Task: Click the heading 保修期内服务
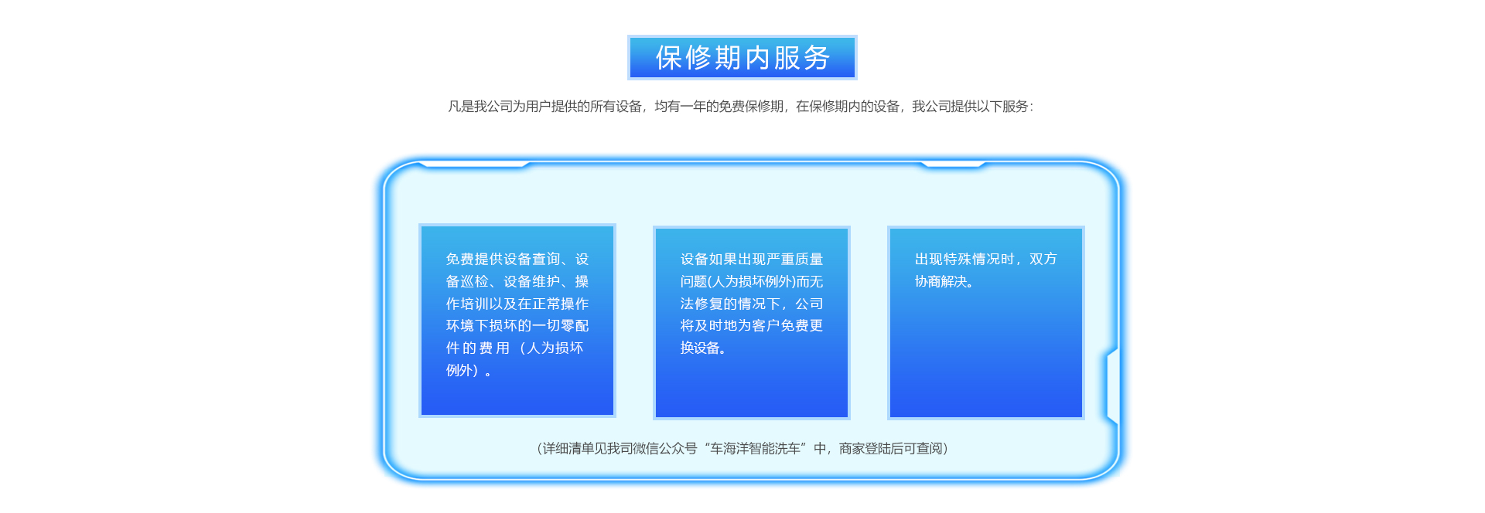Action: pos(742,58)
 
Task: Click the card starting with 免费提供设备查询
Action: pos(517,321)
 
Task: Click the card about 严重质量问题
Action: pos(752,323)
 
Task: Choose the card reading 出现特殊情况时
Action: pos(986,323)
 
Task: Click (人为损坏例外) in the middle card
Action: pos(752,282)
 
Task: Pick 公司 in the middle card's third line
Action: pos(809,304)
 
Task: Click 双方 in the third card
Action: pos(1043,260)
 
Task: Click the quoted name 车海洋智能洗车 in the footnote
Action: pos(756,449)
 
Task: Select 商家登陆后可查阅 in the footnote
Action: pos(891,449)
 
